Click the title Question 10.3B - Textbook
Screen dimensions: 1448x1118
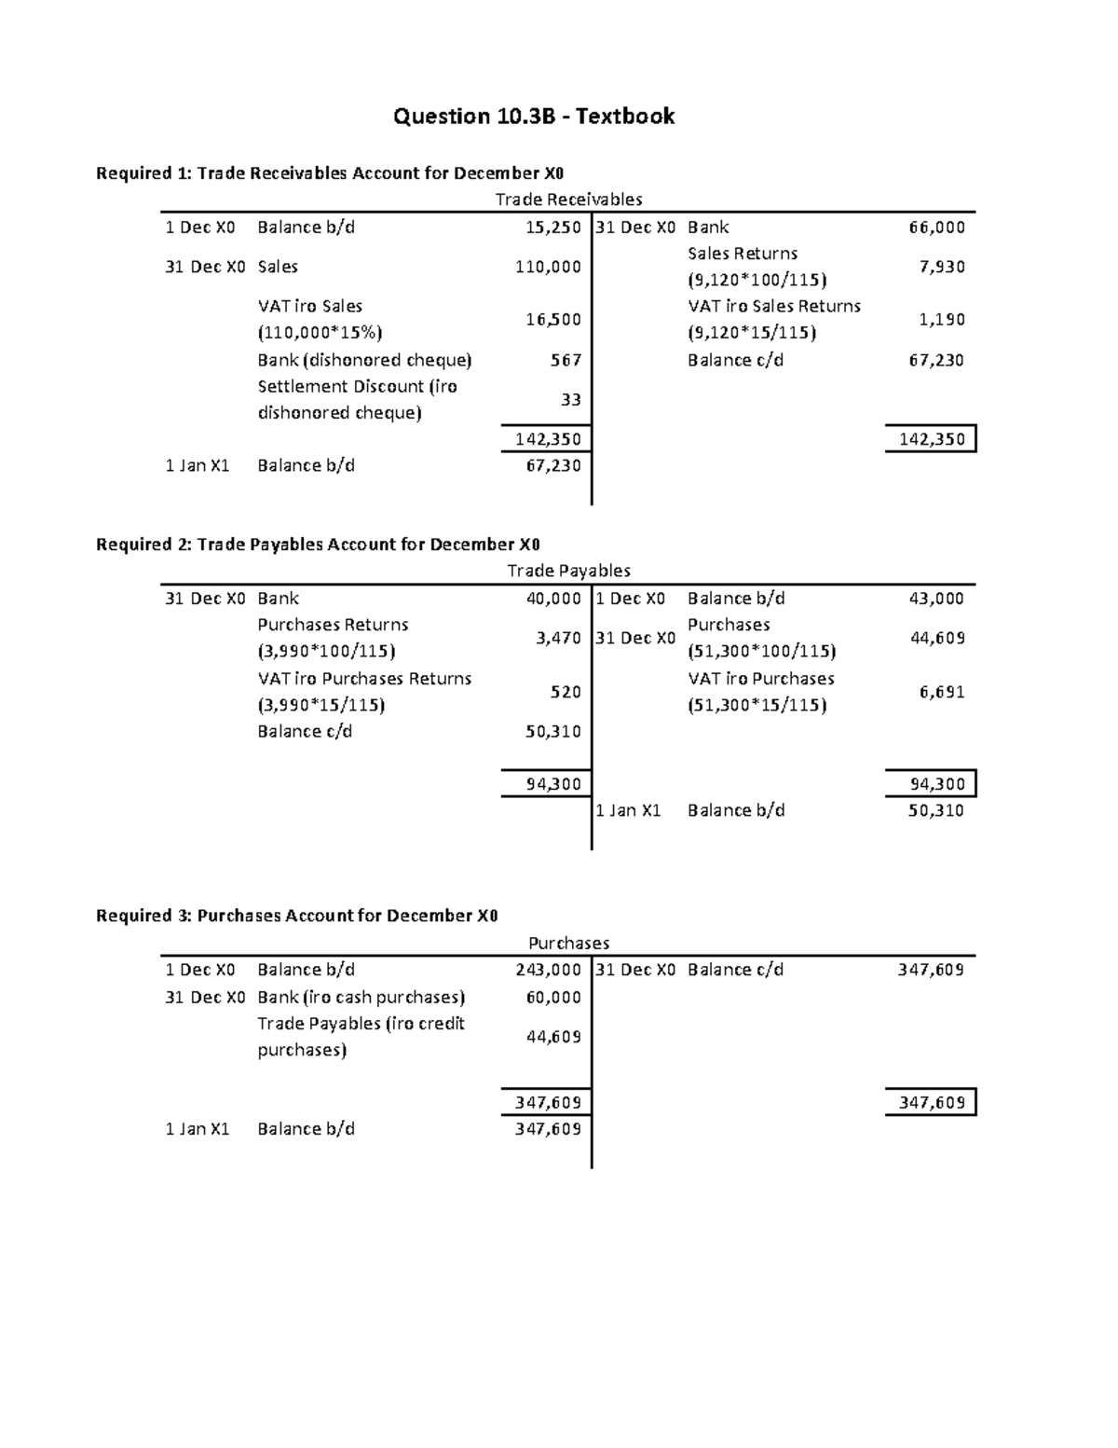(x=533, y=117)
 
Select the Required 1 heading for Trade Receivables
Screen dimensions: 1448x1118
(x=330, y=173)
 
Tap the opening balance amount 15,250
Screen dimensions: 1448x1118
(x=553, y=228)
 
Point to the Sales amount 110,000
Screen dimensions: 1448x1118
(x=548, y=267)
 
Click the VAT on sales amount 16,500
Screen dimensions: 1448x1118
(x=553, y=320)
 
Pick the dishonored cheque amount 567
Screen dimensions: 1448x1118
(x=566, y=361)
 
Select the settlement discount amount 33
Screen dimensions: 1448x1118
(x=571, y=400)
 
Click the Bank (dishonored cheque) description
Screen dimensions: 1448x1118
(x=364, y=361)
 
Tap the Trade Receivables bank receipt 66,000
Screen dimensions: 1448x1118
(x=936, y=228)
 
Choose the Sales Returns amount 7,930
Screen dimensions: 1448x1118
(x=942, y=267)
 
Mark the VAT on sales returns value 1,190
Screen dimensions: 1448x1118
(x=942, y=320)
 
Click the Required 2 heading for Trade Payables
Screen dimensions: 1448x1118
(x=318, y=545)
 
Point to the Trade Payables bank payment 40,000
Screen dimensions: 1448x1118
(x=553, y=599)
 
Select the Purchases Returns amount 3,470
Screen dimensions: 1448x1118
(x=559, y=639)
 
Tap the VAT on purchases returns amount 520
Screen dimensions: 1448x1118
(x=566, y=692)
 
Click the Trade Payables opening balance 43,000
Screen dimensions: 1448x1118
(x=936, y=599)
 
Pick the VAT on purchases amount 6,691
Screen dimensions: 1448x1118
(x=942, y=692)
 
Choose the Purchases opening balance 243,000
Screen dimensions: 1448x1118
(x=548, y=970)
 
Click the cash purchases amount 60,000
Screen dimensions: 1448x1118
(x=553, y=998)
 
